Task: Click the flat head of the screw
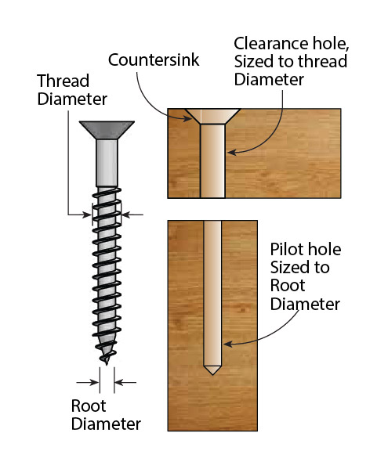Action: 107,128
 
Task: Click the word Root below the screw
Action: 87,407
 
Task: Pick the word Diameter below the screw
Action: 107,424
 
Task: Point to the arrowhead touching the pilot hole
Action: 227,343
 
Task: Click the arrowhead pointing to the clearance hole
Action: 229,152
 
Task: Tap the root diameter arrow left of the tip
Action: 92,382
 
